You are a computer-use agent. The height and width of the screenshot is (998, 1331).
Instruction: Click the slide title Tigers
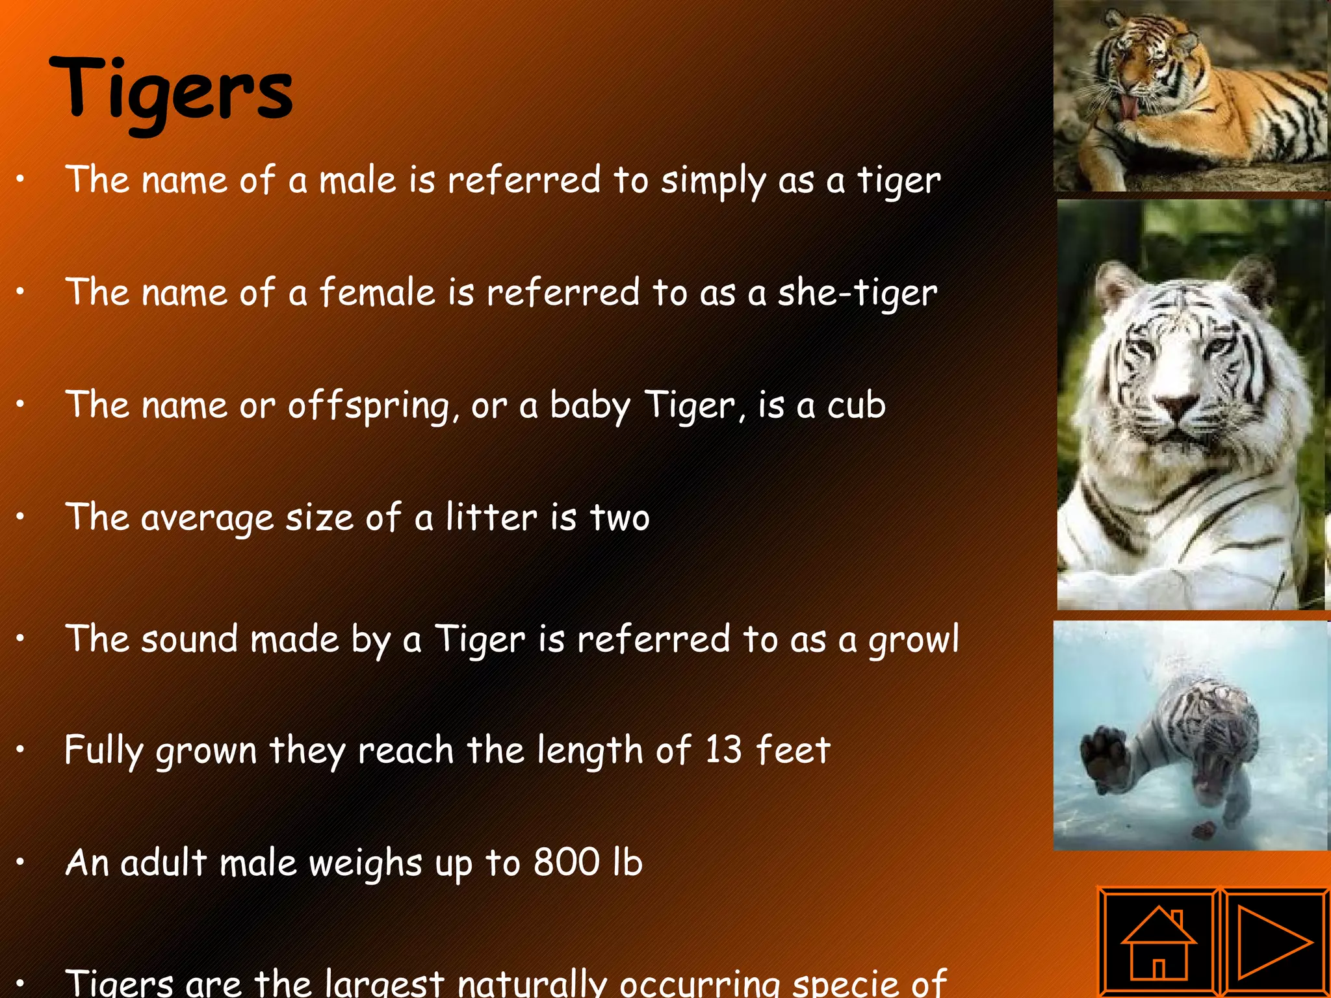[171, 91]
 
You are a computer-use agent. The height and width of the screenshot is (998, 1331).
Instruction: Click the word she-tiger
[857, 293]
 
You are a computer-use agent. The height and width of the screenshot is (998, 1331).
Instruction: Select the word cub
[856, 405]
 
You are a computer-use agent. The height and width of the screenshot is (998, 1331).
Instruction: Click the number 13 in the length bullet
[723, 750]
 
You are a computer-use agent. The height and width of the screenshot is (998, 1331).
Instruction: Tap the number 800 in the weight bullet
[566, 862]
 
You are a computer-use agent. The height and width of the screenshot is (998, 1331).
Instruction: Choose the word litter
[491, 518]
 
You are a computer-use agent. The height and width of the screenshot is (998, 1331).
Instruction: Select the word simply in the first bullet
[714, 181]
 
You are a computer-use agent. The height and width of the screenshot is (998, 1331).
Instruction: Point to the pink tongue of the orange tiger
[1130, 108]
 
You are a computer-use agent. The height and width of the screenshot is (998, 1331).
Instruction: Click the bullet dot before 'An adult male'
[21, 862]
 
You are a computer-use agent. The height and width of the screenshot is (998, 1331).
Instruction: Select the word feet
[793, 750]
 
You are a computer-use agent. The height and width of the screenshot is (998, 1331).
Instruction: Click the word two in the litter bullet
[619, 518]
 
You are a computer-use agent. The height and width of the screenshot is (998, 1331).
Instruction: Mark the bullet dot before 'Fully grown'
[21, 750]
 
